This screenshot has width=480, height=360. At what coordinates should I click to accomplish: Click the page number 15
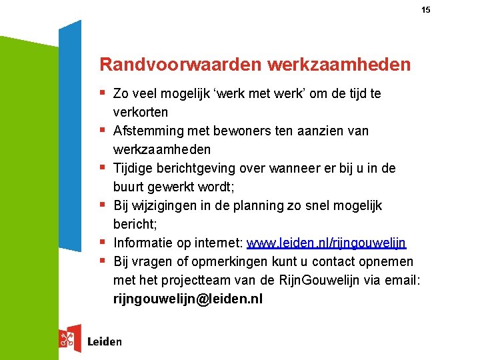click(x=426, y=10)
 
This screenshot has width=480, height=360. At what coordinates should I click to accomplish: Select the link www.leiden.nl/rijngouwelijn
click(x=327, y=243)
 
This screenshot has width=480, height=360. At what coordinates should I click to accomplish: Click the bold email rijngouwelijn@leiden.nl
click(x=188, y=299)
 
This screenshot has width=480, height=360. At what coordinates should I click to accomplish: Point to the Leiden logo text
click(x=105, y=341)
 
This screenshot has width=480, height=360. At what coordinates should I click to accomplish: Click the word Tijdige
click(x=134, y=168)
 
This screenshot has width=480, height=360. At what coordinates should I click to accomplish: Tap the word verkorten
click(x=141, y=112)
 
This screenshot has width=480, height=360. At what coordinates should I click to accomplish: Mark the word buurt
click(x=129, y=187)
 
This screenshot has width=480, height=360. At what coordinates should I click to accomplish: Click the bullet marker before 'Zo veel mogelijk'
click(x=103, y=93)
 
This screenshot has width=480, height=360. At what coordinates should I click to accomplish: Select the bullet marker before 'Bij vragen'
click(x=103, y=261)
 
